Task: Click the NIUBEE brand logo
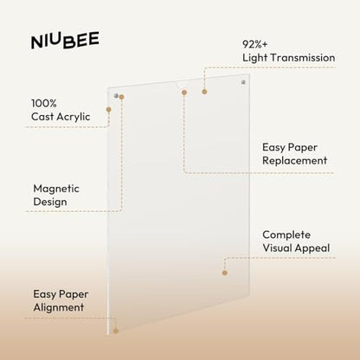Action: [65, 40]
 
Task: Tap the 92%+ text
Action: [255, 44]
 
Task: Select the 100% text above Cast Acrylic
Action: [44, 103]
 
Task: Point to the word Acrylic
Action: [74, 117]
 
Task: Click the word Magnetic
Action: [56, 189]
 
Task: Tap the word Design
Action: [50, 202]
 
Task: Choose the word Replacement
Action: [295, 161]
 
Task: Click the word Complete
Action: [286, 235]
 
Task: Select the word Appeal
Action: [312, 248]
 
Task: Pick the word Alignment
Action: [59, 307]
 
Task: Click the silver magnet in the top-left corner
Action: [116, 95]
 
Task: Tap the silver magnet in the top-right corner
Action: [243, 82]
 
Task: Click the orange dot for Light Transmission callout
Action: [204, 92]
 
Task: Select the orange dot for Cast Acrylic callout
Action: [108, 110]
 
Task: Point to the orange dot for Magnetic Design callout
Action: [121, 97]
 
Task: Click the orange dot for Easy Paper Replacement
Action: [184, 93]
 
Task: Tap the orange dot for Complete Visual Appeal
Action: [225, 273]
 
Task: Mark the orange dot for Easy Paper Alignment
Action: [116, 331]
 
